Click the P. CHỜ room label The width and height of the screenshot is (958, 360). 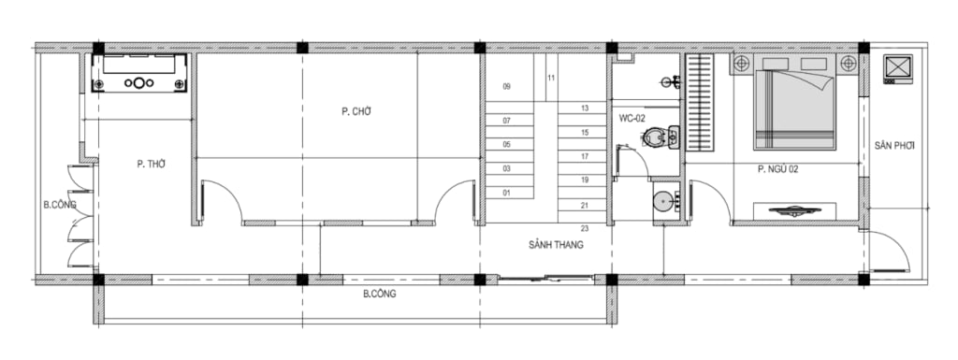coord(356,111)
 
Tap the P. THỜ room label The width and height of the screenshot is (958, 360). coord(152,164)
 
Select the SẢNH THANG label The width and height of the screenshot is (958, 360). coord(556,245)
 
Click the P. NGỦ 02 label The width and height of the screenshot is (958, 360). coord(778,169)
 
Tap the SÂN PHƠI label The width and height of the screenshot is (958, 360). coord(894,146)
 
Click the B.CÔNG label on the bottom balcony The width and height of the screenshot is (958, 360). coord(380,295)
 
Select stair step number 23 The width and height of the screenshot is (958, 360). coord(585,229)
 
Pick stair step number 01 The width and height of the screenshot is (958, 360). coord(506,194)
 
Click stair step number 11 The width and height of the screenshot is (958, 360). coord(551,79)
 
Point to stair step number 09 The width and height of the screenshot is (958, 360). coord(506,87)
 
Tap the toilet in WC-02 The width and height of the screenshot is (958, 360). coord(661,137)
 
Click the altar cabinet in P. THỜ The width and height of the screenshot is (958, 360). coord(139,73)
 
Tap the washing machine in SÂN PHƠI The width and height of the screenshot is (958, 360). coord(897,69)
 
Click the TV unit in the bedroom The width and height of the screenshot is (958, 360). coord(793,210)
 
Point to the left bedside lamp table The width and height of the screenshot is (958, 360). coord(742,64)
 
